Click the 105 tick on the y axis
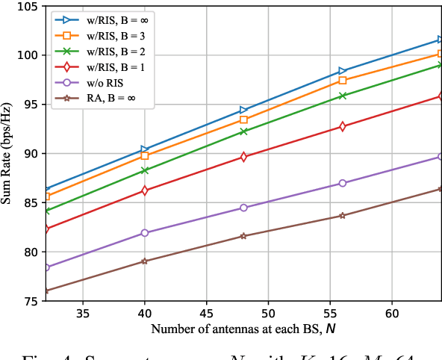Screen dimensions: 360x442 click(x=29, y=7)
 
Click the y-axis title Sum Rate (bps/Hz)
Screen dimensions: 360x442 click(x=10, y=154)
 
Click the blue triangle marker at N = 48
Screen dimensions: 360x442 click(x=243, y=111)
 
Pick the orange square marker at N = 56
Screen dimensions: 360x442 click(x=342, y=81)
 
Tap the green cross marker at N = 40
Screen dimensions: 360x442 click(x=145, y=171)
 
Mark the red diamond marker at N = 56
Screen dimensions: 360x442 click(x=342, y=127)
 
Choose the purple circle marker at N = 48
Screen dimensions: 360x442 click(x=243, y=208)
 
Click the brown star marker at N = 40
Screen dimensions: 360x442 click(x=145, y=261)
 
